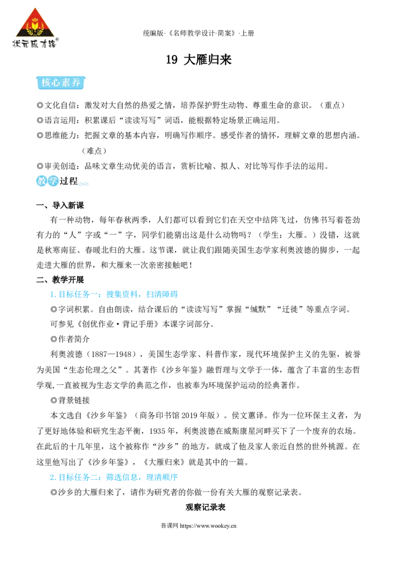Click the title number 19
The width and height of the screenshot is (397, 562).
coord(172,60)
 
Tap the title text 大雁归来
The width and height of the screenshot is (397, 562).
coord(207,60)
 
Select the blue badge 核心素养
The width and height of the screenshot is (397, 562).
coord(61,83)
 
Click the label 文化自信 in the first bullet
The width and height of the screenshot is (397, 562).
coord(60,105)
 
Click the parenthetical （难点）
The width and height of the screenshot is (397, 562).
coord(94,150)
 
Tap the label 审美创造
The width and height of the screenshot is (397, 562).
coord(60,166)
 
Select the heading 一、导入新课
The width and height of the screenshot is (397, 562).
coord(60,206)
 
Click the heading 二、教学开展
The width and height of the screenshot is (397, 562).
coord(60,280)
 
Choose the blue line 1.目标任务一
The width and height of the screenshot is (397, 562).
coord(114,294)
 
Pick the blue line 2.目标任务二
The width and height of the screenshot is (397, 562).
coord(114,477)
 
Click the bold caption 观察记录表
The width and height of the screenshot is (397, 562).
coord(205,507)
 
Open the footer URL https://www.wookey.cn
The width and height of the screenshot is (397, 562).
coord(208,526)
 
